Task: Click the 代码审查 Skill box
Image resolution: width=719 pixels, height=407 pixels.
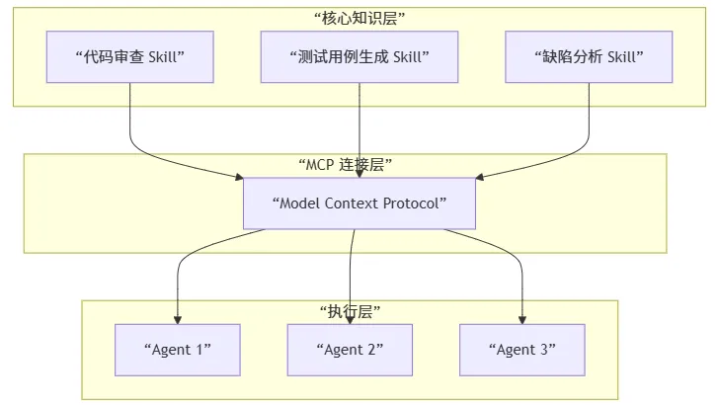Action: coord(129,56)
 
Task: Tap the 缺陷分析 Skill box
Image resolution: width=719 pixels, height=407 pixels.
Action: coord(589,56)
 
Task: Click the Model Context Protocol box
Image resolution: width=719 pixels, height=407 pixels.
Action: coord(359,203)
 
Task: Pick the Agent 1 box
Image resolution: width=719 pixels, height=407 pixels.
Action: coord(178,349)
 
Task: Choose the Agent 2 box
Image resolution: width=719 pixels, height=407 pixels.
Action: coord(350,349)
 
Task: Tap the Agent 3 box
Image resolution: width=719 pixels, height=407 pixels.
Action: coord(521,349)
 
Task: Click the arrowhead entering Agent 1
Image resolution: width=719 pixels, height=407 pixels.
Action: coord(178,319)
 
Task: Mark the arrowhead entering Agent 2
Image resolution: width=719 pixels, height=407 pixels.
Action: coord(350,319)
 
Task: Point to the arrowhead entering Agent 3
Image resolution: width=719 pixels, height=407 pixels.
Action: coord(521,319)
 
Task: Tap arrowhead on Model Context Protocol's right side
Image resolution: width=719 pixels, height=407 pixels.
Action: coord(480,178)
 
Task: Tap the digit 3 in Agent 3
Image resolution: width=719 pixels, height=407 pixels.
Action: coord(542,349)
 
